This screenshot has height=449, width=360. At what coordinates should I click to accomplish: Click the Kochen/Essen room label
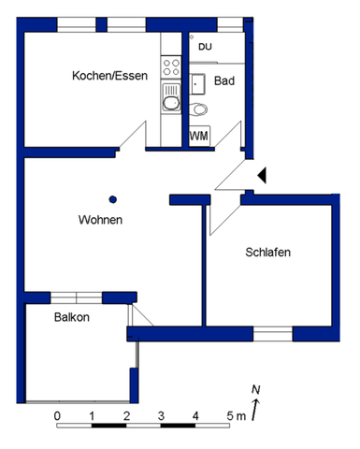pos(109,76)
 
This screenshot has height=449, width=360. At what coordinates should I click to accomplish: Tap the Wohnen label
pos(100,220)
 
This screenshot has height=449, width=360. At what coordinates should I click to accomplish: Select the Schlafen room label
pos(267,253)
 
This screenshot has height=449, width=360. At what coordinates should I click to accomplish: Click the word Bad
pos(224,81)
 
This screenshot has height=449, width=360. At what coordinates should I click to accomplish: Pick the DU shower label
pos(207,46)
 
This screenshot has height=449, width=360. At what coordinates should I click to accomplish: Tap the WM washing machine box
pos(199,136)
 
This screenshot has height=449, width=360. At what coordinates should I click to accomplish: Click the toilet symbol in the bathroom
pos(199,110)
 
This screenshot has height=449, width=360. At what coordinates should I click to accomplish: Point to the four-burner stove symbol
pos(171,65)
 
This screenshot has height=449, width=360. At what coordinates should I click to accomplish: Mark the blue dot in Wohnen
pos(113,198)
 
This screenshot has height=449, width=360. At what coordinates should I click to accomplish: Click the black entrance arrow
pos(263,175)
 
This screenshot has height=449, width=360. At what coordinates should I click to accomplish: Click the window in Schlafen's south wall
pos(272,332)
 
